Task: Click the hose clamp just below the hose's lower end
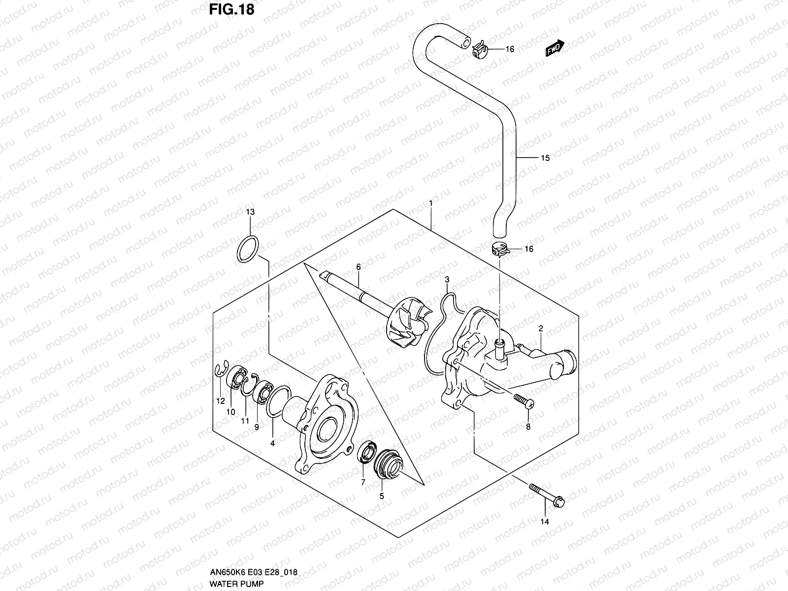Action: pyautogui.click(x=499, y=250)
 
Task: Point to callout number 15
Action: pyautogui.click(x=545, y=158)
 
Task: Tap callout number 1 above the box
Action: pyautogui.click(x=430, y=203)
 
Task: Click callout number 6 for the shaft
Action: pyautogui.click(x=359, y=266)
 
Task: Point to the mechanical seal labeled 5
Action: pyautogui.click(x=389, y=465)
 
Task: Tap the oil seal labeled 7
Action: pyautogui.click(x=367, y=453)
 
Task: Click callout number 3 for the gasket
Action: pyautogui.click(x=447, y=279)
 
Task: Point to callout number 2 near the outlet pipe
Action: pyautogui.click(x=540, y=328)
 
